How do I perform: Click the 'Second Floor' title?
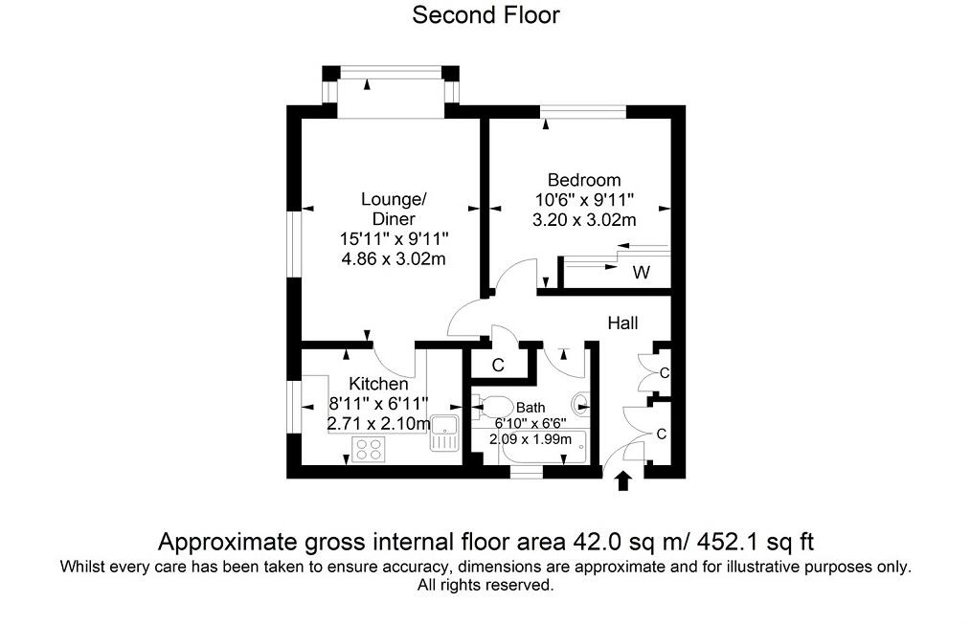tap(485, 15)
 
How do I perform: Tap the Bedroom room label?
tap(583, 180)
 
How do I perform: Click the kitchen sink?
tap(444, 434)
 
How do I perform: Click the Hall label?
tap(622, 324)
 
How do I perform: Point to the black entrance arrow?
tap(623, 480)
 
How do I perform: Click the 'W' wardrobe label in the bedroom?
tap(641, 274)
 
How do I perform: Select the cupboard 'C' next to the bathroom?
tap(498, 365)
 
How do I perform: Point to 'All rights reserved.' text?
tap(485, 585)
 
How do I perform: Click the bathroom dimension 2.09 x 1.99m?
tap(531, 439)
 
